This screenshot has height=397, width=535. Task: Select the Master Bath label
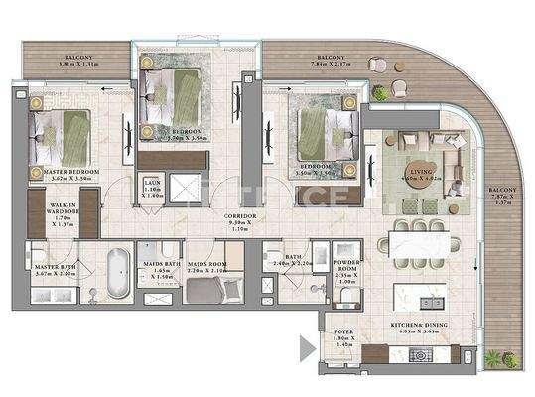(x=57, y=270)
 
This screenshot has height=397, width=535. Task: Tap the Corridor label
(x=240, y=219)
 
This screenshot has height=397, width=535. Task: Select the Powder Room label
(x=346, y=270)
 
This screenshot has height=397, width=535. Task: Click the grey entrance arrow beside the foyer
(x=307, y=346)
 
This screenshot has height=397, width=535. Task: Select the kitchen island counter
(x=420, y=298)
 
